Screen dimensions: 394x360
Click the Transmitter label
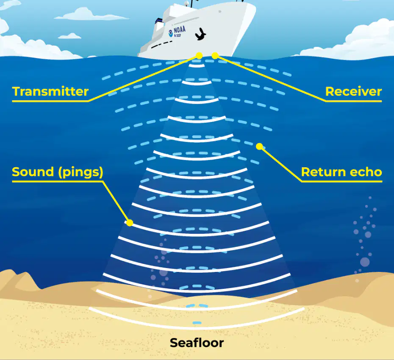pyautogui.click(x=50, y=91)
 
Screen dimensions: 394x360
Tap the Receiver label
pyautogui.click(x=354, y=91)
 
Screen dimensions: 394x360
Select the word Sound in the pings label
pyautogui.click(x=33, y=172)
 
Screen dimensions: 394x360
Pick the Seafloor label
pyautogui.click(x=197, y=343)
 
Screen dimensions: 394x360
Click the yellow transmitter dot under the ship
pyautogui.click(x=199, y=56)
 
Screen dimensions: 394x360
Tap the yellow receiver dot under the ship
pyautogui.click(x=215, y=56)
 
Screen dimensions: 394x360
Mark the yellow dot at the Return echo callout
pyautogui.click(x=259, y=146)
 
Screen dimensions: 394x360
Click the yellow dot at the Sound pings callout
pyautogui.click(x=130, y=223)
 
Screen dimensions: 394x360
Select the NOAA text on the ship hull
pyautogui.click(x=180, y=30)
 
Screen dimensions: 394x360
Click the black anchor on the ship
pyautogui.click(x=200, y=34)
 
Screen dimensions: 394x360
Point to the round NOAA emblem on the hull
pyautogui.click(x=171, y=33)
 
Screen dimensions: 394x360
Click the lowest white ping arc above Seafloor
pyautogui.click(x=197, y=328)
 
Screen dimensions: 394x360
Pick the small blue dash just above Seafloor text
pyautogui.click(x=197, y=323)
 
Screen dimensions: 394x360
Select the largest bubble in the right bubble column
pyautogui.click(x=365, y=262)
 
